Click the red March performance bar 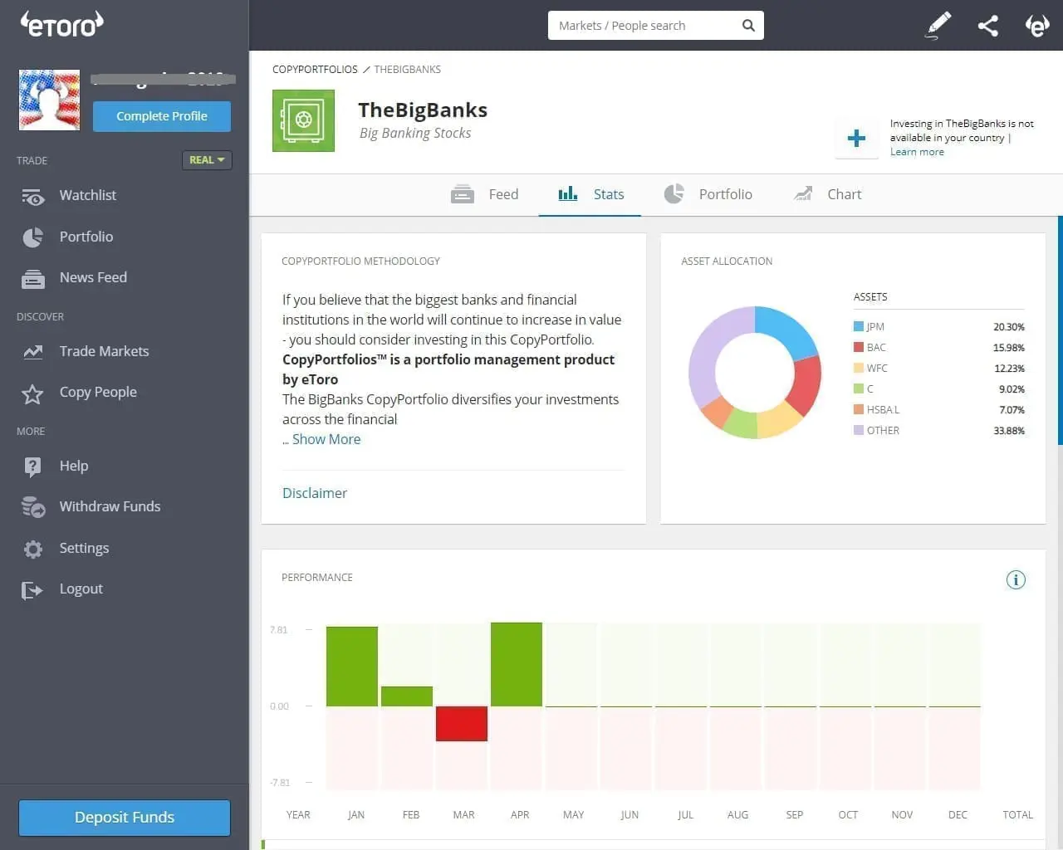tap(461, 723)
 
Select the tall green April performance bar tap(516, 664)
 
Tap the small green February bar tap(406, 696)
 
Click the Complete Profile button tap(162, 116)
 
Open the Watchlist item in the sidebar tap(87, 195)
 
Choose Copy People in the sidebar tap(97, 392)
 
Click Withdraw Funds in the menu tap(110, 506)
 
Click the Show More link tap(326, 439)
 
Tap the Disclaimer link tap(315, 493)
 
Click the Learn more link tap(917, 152)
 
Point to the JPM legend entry tap(874, 327)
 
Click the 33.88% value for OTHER tap(1008, 431)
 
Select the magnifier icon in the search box tap(747, 26)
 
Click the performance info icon tap(1016, 579)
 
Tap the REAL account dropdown tap(207, 160)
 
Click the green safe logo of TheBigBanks tap(303, 120)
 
